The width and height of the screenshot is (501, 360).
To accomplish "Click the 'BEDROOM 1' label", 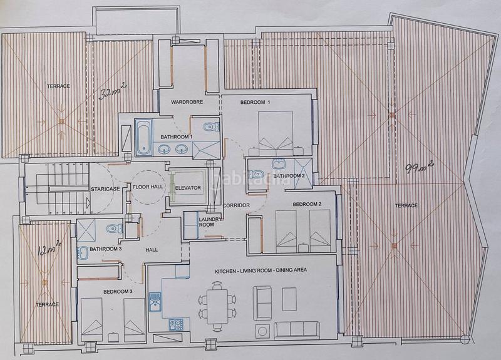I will pyautogui.click(x=255, y=102).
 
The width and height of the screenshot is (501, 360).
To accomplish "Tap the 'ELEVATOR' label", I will pyautogui.click(x=187, y=187).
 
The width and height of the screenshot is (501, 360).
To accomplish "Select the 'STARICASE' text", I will pyautogui.click(x=105, y=188).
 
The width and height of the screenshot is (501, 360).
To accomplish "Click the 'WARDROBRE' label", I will pyautogui.click(x=179, y=102).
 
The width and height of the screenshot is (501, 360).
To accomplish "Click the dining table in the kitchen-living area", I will pyautogui.click(x=217, y=306).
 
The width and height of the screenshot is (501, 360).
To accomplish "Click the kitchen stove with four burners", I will pyautogui.click(x=176, y=324).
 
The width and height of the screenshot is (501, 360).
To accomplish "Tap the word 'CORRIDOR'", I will pyautogui.click(x=236, y=205).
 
